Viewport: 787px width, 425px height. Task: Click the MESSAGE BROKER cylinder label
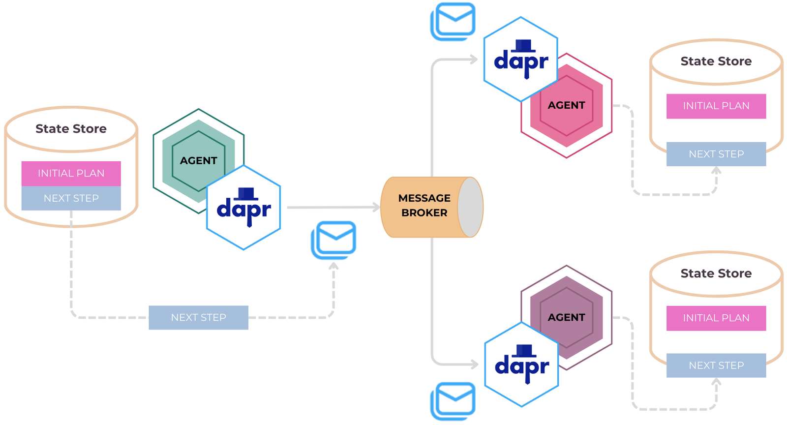tap(424, 206)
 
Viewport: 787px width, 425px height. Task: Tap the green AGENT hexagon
tap(198, 160)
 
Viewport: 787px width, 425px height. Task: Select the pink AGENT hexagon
tap(567, 105)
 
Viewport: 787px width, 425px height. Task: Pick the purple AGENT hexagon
tap(567, 317)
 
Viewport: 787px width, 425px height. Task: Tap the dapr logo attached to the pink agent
tap(521, 60)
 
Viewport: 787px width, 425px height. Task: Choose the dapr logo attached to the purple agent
tap(522, 364)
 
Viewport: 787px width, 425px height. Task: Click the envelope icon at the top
tap(454, 21)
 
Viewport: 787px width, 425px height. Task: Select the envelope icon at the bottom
tap(454, 400)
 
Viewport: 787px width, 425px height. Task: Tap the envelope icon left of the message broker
tap(334, 240)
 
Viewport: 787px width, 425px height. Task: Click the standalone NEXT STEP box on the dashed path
tap(198, 318)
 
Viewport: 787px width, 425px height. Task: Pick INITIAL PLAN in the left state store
tap(71, 173)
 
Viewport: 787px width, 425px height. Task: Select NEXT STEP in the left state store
tap(71, 198)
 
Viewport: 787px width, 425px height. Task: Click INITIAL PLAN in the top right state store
tap(716, 106)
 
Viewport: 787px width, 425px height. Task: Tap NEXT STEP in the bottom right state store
tap(716, 365)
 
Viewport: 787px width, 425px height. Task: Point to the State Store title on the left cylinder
tap(71, 129)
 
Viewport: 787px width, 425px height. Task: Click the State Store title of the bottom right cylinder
tap(716, 273)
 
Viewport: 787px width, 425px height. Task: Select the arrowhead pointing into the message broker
tap(376, 207)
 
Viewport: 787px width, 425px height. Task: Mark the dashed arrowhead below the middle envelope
tap(333, 267)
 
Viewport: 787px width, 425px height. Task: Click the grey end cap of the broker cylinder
tap(471, 207)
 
